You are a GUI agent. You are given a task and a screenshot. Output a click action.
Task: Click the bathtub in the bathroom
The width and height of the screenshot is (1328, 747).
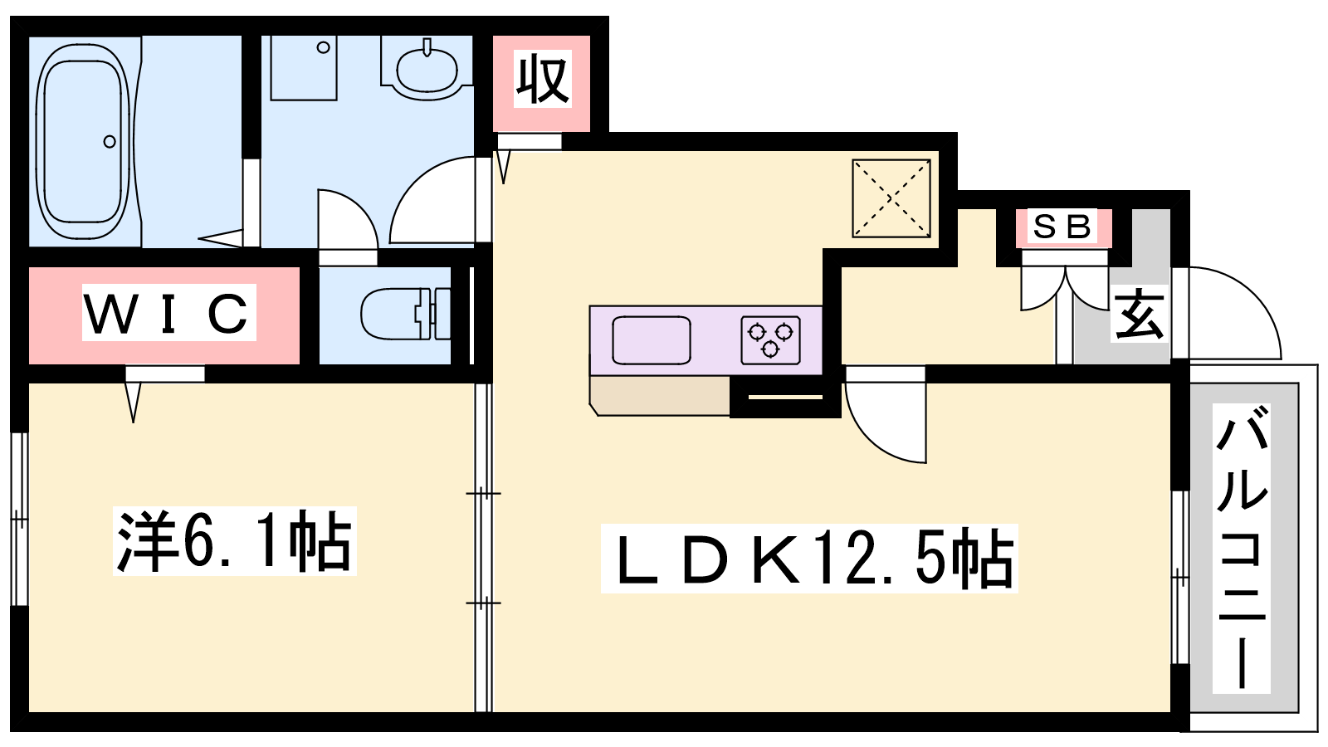coord(83,141)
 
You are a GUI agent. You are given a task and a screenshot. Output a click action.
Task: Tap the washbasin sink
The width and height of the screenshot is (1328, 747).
coord(427,70)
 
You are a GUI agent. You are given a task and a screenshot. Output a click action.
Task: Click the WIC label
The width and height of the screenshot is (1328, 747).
coord(168,313)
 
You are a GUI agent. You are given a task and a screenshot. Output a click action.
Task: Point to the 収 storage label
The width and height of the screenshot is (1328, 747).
coord(542,80)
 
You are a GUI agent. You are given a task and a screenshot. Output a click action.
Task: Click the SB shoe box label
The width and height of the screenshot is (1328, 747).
coord(1062,227)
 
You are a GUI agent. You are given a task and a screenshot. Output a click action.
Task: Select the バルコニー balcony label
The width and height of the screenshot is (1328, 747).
coord(1242,548)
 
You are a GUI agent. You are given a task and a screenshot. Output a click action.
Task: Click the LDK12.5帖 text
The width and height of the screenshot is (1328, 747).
coord(809,559)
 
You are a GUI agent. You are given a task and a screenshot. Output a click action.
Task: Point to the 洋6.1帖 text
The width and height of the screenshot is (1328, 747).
coord(235,541)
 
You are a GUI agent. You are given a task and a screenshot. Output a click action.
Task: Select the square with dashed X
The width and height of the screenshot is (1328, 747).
coord(891,198)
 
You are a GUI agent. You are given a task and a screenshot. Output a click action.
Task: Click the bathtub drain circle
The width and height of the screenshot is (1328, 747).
coord(110,142)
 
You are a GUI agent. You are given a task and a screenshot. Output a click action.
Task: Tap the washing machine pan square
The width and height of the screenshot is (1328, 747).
coord(304,68)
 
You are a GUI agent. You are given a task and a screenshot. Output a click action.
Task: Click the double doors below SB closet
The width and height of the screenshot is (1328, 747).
coord(1065,286)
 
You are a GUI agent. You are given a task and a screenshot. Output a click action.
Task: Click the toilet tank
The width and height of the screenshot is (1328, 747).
coord(440,314)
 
